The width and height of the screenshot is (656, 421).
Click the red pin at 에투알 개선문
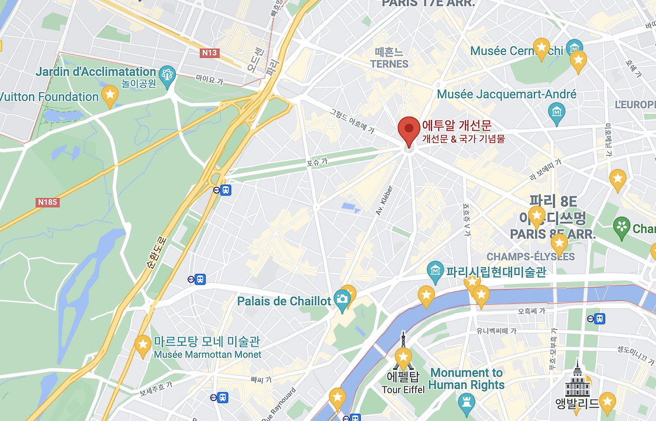(408, 128)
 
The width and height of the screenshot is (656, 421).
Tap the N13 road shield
(209, 53)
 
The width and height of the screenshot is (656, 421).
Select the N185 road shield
(48, 202)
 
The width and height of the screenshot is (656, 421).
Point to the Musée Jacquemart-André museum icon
(556, 111)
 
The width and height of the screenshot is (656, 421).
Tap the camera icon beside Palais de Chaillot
(342, 298)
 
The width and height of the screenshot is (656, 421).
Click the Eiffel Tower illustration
(403, 354)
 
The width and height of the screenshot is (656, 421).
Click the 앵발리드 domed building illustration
(577, 379)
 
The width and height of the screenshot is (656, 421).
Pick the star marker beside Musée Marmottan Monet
(142, 344)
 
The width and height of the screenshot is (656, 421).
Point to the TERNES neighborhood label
(389, 64)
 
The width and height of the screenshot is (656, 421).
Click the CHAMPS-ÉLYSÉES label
(530, 256)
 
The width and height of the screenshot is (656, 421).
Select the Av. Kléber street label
(384, 199)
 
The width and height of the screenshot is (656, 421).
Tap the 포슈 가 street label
(317, 162)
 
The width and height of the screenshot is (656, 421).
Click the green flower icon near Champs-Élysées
(621, 226)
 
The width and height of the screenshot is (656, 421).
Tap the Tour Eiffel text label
(403, 390)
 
